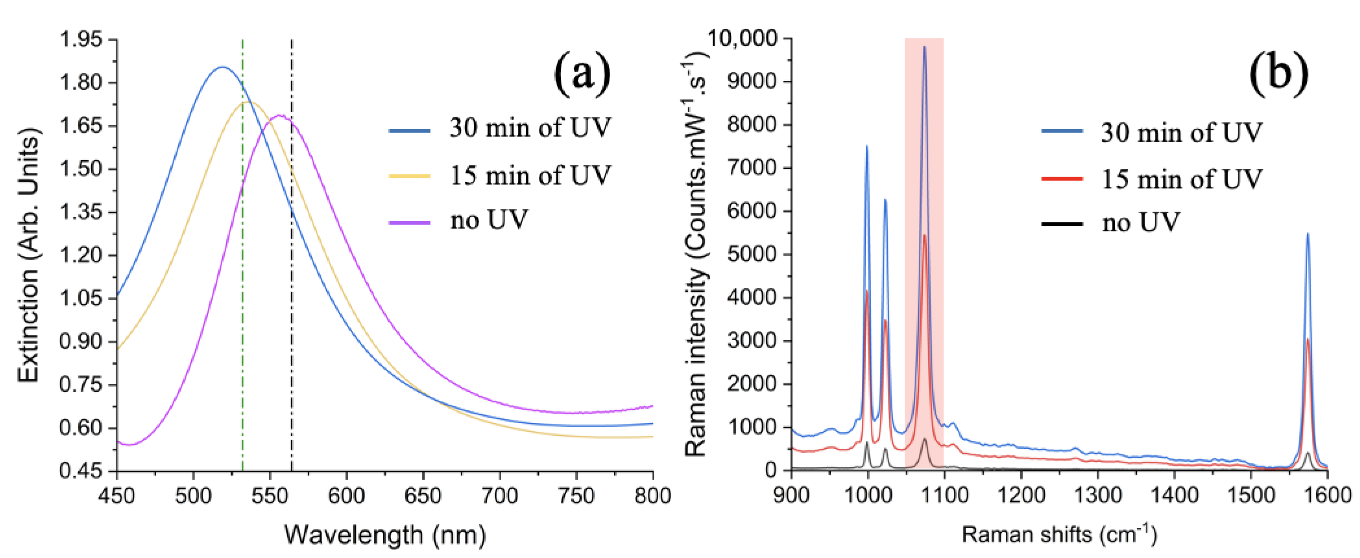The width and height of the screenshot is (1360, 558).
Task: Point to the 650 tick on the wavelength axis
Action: click(423, 496)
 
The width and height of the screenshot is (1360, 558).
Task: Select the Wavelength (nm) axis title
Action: click(385, 535)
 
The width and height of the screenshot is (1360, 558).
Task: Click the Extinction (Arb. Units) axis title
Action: click(29, 258)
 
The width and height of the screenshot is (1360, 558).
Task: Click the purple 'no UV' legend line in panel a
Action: click(410, 222)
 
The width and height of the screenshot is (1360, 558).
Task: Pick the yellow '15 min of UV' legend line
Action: click(410, 176)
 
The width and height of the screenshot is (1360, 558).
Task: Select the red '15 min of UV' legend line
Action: click(1062, 179)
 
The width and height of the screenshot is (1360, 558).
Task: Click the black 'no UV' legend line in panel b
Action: click(1062, 224)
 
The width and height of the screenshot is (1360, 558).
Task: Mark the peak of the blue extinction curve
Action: click(222, 67)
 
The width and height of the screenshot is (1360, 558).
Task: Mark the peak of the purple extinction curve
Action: click(280, 115)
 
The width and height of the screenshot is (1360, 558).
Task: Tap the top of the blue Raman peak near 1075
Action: click(925, 47)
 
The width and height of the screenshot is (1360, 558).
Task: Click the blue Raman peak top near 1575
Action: click(1308, 234)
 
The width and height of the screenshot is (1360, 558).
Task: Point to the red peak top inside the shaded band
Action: click(924, 235)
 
